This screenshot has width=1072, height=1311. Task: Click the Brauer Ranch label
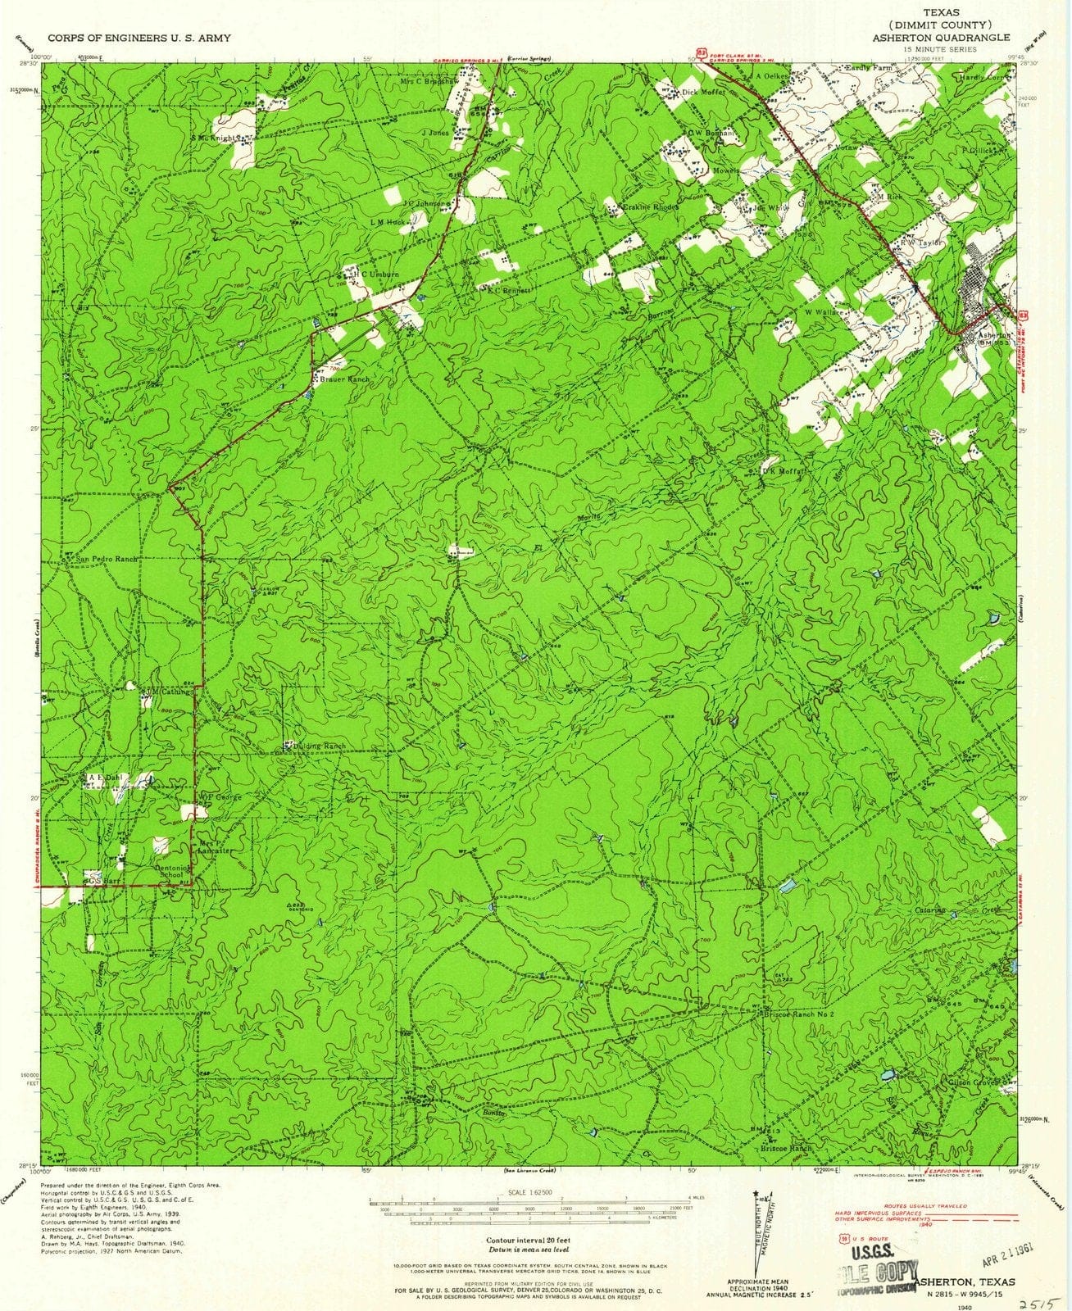click(345, 380)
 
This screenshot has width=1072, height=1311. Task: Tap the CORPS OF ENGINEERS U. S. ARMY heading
click(139, 38)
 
